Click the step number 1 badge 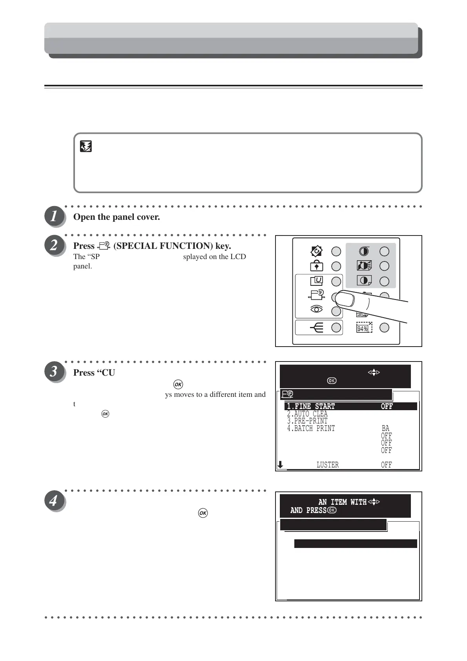(x=54, y=216)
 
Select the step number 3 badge (x=54, y=371)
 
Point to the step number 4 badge (x=54, y=500)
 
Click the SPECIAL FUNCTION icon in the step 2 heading (x=104, y=246)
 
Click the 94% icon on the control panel (x=364, y=328)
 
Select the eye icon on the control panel (x=317, y=310)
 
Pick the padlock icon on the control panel (x=317, y=266)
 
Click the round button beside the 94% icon (x=384, y=327)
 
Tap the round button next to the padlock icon (x=336, y=266)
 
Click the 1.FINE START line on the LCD (x=311, y=406)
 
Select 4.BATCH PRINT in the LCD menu (x=311, y=428)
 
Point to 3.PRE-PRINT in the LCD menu (x=307, y=421)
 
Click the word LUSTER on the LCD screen (x=328, y=465)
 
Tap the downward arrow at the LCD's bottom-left (x=280, y=465)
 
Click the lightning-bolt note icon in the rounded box (x=86, y=147)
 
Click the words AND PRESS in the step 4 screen (x=308, y=510)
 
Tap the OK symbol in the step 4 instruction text (x=203, y=513)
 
